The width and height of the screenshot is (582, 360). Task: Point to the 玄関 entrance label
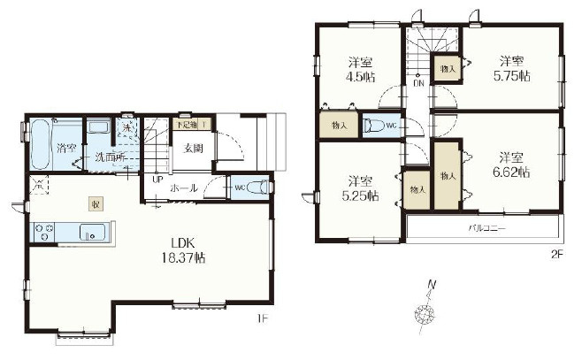tap(194, 149)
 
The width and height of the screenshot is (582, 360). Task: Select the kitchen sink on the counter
tap(92, 233)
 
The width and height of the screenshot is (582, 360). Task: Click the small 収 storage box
tap(94, 204)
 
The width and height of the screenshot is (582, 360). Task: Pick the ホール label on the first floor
tap(184, 188)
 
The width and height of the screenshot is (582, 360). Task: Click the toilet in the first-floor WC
tap(256, 187)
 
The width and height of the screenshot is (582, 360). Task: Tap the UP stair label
tap(157, 180)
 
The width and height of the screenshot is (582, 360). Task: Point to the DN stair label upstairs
tap(417, 84)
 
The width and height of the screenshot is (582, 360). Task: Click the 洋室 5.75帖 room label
tap(510, 68)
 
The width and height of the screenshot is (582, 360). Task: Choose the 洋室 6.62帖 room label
tap(510, 165)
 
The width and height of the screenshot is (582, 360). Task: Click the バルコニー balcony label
tap(486, 228)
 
